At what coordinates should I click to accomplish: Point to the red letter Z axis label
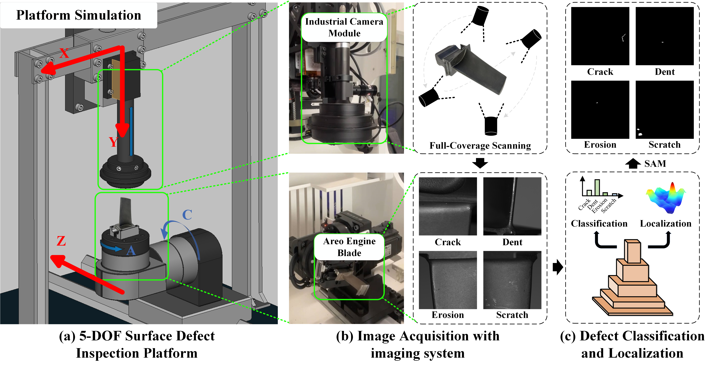pos(61,241)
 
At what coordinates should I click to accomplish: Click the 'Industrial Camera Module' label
pos(344,27)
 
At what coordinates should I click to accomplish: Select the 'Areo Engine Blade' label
pos(349,247)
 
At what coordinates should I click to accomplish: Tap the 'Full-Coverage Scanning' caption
pos(480,145)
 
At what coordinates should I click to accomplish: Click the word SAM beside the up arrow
pos(655,164)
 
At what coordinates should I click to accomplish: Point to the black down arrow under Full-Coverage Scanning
pos(480,163)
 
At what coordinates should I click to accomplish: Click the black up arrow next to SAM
pos(633,164)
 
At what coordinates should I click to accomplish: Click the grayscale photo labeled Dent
pos(512,206)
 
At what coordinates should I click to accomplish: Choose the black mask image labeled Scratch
pos(665,110)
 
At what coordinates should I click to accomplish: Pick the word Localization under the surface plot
pos(666,224)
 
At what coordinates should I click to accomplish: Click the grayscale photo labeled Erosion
pos(448,280)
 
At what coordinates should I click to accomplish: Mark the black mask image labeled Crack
pos(600,36)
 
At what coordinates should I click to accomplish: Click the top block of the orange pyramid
pos(633,251)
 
